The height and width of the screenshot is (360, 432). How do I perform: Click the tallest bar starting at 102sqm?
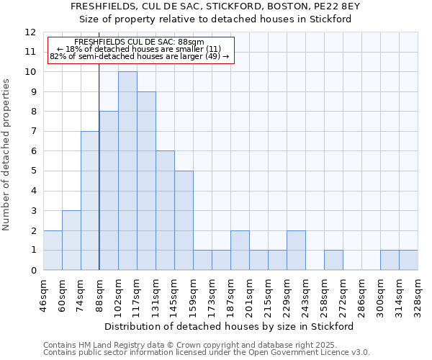[x=127, y=171]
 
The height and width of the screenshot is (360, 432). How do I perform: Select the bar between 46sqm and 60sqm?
[x=53, y=250]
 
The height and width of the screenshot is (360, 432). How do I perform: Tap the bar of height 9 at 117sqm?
[x=146, y=181]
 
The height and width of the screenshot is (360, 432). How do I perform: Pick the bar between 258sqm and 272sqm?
[x=333, y=260]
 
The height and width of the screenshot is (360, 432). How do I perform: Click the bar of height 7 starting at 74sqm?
[x=90, y=200]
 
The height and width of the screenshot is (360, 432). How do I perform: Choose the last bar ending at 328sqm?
[x=408, y=260]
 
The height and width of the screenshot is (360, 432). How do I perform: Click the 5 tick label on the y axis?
[x=32, y=171]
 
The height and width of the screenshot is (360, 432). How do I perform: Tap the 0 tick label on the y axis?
[x=32, y=270]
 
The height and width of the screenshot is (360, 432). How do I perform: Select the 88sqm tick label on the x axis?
[x=99, y=295]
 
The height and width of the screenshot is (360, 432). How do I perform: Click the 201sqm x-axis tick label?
[x=249, y=295]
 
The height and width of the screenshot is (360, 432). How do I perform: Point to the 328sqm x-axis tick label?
[x=418, y=295]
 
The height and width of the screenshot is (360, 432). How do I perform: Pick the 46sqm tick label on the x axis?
[x=43, y=295]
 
